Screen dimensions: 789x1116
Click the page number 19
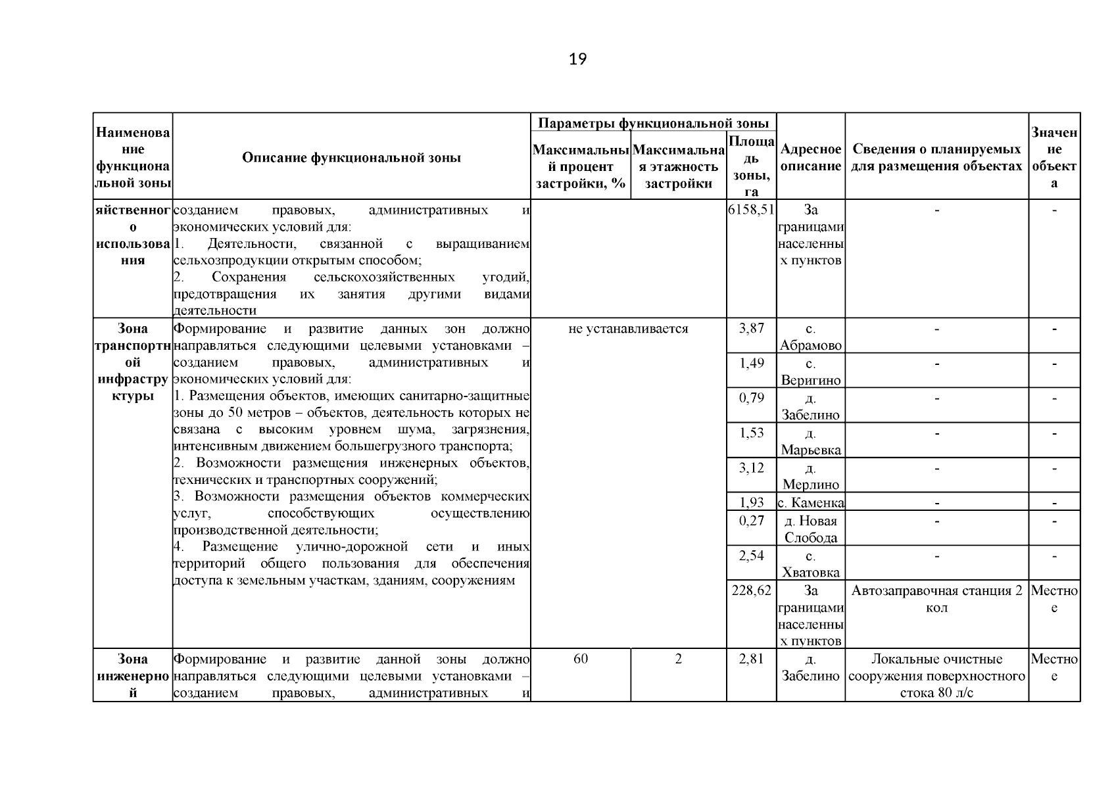pos(577,59)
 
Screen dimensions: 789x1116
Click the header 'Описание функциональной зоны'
pos(351,158)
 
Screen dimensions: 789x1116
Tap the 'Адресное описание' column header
pos(810,158)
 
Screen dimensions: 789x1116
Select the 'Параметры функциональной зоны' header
pos(653,123)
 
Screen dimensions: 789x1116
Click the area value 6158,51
pos(751,210)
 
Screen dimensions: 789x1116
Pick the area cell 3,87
pos(751,328)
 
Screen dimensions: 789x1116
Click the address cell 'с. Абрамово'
pos(810,337)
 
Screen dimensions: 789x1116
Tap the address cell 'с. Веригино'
pos(810,371)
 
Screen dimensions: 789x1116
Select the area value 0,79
pos(751,398)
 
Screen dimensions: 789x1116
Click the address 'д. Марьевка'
pos(810,441)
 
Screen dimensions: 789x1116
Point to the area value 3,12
pos(751,467)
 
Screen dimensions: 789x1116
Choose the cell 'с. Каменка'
pos(810,503)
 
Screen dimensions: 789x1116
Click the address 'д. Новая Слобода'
pos(810,529)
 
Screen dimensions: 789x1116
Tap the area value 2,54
pos(751,555)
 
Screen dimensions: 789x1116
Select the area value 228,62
pos(751,590)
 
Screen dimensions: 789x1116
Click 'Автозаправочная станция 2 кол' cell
pos(936,598)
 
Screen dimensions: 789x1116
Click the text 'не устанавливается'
pos(628,329)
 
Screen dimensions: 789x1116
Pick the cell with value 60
pos(580,659)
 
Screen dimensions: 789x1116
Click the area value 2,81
pos(751,659)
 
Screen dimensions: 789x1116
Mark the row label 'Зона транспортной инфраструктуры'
pos(132,362)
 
